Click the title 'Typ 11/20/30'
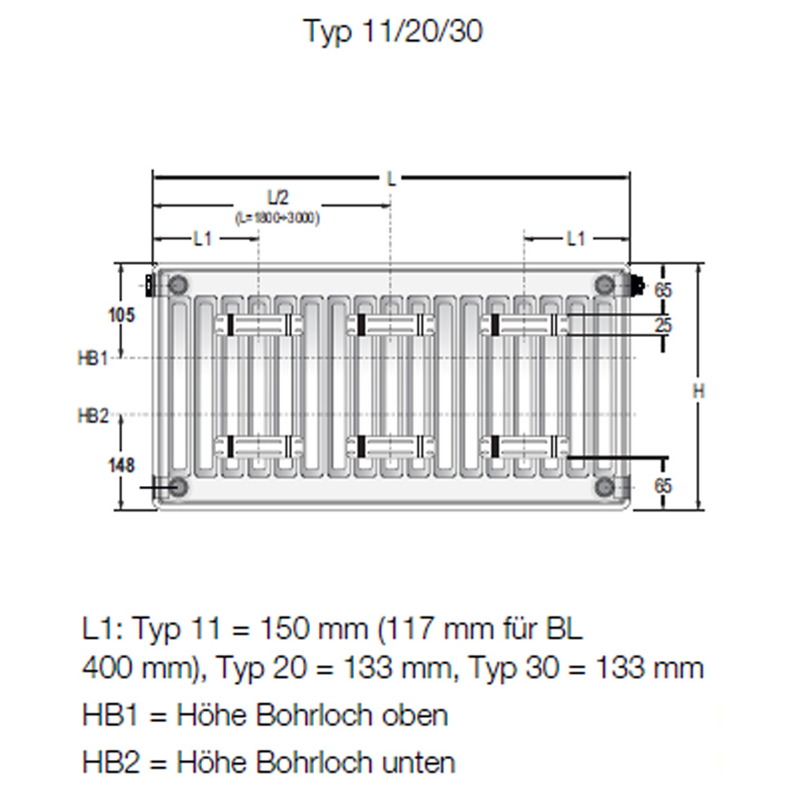(x=393, y=32)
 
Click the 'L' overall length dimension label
(x=391, y=178)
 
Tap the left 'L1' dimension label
(x=203, y=238)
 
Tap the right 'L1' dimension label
(x=577, y=238)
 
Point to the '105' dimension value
(x=122, y=315)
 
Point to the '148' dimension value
(x=122, y=465)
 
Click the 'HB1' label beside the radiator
(x=92, y=358)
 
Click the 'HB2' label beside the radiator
(x=92, y=416)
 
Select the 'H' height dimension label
(x=698, y=389)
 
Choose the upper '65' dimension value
(x=664, y=290)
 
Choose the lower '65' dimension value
(x=664, y=486)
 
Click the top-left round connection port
(x=178, y=284)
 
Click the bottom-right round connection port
(x=605, y=487)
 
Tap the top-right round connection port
(x=605, y=284)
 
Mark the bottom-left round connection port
(x=178, y=487)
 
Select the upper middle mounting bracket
(x=391, y=323)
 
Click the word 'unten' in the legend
(x=419, y=762)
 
